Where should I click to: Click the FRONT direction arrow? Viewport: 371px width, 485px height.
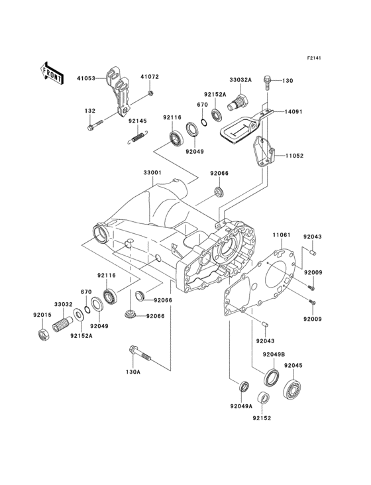(x=52, y=72)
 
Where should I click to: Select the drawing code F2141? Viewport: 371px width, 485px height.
(x=313, y=58)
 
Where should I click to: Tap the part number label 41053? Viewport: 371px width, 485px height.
(x=86, y=78)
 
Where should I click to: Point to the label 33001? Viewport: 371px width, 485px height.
(x=152, y=173)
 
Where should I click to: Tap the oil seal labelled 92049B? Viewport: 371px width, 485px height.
(x=271, y=378)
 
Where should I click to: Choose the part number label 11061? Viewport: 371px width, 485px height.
(x=281, y=235)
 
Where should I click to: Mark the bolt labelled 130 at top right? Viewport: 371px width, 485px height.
(x=268, y=82)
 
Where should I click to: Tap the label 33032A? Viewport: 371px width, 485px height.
(x=241, y=80)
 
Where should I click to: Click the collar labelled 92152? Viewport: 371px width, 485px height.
(x=262, y=398)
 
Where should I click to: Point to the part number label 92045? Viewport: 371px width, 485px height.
(x=293, y=365)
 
